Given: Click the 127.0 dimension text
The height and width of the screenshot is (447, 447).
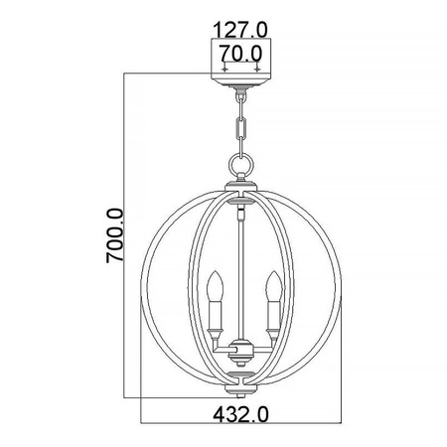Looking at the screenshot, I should tap(241, 29).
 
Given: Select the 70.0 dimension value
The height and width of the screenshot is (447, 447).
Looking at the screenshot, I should tap(241, 51).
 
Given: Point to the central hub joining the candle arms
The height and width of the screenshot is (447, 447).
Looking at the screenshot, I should tap(242, 350).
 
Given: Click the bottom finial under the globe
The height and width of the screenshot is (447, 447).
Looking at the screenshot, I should tap(242, 378).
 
